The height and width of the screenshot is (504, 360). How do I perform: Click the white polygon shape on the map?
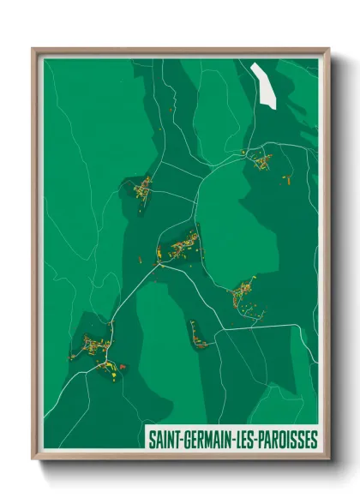click(x=265, y=85)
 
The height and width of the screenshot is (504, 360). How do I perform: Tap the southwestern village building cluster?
click(x=97, y=350)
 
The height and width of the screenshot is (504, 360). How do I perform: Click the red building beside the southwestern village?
click(x=123, y=366)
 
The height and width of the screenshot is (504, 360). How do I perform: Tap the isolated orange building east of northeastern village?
click(x=289, y=181)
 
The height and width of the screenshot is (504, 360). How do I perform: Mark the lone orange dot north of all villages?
click(x=173, y=109)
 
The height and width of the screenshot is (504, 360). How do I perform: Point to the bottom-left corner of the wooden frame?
click(x=33, y=460)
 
